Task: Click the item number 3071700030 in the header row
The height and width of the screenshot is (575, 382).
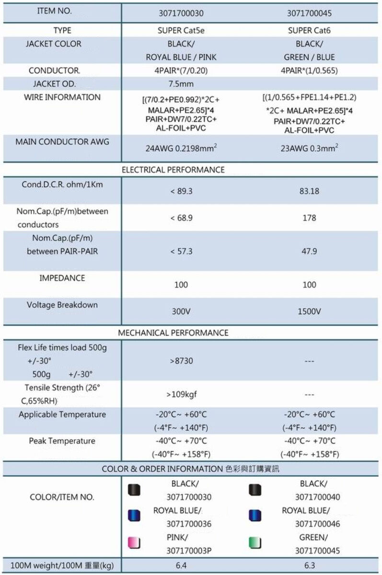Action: click(x=181, y=13)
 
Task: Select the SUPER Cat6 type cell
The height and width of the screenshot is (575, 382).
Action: click(x=309, y=31)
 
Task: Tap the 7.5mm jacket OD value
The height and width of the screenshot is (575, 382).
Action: click(x=181, y=84)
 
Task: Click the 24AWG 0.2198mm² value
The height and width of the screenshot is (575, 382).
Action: click(x=181, y=148)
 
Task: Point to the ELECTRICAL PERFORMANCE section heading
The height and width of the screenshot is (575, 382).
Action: click(x=173, y=170)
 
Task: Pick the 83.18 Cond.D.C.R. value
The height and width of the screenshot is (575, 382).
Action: click(x=309, y=191)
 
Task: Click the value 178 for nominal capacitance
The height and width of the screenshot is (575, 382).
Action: click(x=309, y=218)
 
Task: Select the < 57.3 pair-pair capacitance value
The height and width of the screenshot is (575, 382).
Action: click(x=181, y=251)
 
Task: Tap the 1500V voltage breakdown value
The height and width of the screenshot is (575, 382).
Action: click(x=309, y=311)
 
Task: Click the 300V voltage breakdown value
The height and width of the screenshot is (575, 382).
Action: click(x=181, y=311)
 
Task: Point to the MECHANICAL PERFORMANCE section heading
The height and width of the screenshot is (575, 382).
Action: click(x=173, y=333)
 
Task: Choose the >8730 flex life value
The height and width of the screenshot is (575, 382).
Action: click(x=181, y=360)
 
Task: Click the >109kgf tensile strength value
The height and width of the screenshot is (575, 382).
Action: click(x=181, y=395)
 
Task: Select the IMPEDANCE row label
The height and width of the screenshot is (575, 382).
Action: click(x=62, y=278)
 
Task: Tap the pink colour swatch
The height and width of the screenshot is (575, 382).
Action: click(x=134, y=543)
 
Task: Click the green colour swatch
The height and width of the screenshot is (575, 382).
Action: click(x=255, y=543)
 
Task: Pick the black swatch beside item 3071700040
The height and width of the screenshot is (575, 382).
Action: click(x=255, y=490)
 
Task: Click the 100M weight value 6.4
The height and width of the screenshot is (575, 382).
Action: click(x=181, y=565)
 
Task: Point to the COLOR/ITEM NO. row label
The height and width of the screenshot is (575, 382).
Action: click(x=62, y=497)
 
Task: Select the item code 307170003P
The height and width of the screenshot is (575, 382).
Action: click(x=188, y=551)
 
